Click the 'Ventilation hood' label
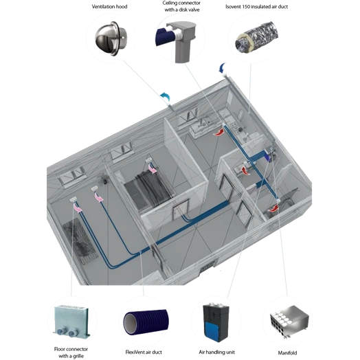pyautogui.click(x=109, y=7)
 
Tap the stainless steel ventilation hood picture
pyautogui.click(x=111, y=38)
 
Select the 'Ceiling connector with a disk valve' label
pyautogui.click(x=182, y=6)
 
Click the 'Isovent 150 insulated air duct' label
pyautogui.click(x=256, y=7)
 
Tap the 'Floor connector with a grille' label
pyautogui.click(x=71, y=352)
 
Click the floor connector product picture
pyautogui.click(x=71, y=321)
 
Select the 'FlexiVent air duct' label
pyautogui.click(x=144, y=352)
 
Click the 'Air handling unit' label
pyautogui.click(x=216, y=352)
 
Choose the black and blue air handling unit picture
pyautogui.click(x=216, y=322)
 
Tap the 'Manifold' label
pyautogui.click(x=287, y=352)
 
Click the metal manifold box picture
pyautogui.click(x=289, y=322)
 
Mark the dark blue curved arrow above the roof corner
pyautogui.click(x=222, y=68)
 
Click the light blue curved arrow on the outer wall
pyautogui.click(x=166, y=97)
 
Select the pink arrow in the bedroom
pyautogui.click(x=153, y=168)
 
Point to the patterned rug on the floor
pyautogui.click(x=80, y=241)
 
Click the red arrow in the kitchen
pyautogui.click(x=218, y=133)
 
